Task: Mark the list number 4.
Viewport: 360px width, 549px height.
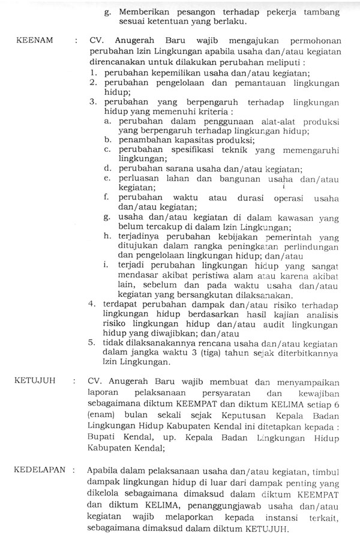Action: [92, 304]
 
